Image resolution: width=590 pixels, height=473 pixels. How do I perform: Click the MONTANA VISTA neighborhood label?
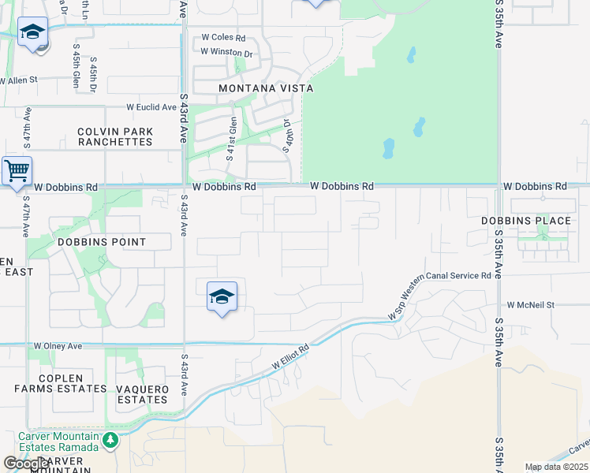pos(266,89)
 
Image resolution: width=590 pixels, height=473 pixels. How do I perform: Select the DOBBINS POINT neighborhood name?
pos(100,241)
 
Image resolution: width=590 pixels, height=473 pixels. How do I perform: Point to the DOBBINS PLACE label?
pos(526,221)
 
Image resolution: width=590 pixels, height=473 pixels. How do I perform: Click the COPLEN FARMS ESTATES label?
pos(61,383)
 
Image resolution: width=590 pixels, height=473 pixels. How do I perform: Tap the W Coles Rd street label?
pos(224,37)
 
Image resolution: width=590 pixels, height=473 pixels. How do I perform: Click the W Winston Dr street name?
pos(226,53)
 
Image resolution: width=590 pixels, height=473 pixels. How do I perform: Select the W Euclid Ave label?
pos(152,107)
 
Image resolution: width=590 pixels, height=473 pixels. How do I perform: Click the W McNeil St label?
pos(531,304)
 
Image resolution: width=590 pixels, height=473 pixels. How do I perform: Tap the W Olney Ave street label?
pos(58,346)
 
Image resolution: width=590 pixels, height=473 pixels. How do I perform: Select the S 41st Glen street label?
pos(233,139)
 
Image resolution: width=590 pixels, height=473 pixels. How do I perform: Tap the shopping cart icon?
pos(17,170)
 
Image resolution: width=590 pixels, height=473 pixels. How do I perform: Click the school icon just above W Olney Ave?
pos(222,297)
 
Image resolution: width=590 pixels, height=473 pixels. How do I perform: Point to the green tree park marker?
pos(110,439)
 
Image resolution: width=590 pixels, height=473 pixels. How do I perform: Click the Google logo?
pos(26,464)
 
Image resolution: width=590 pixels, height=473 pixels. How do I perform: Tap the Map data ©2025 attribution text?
pos(556,467)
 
